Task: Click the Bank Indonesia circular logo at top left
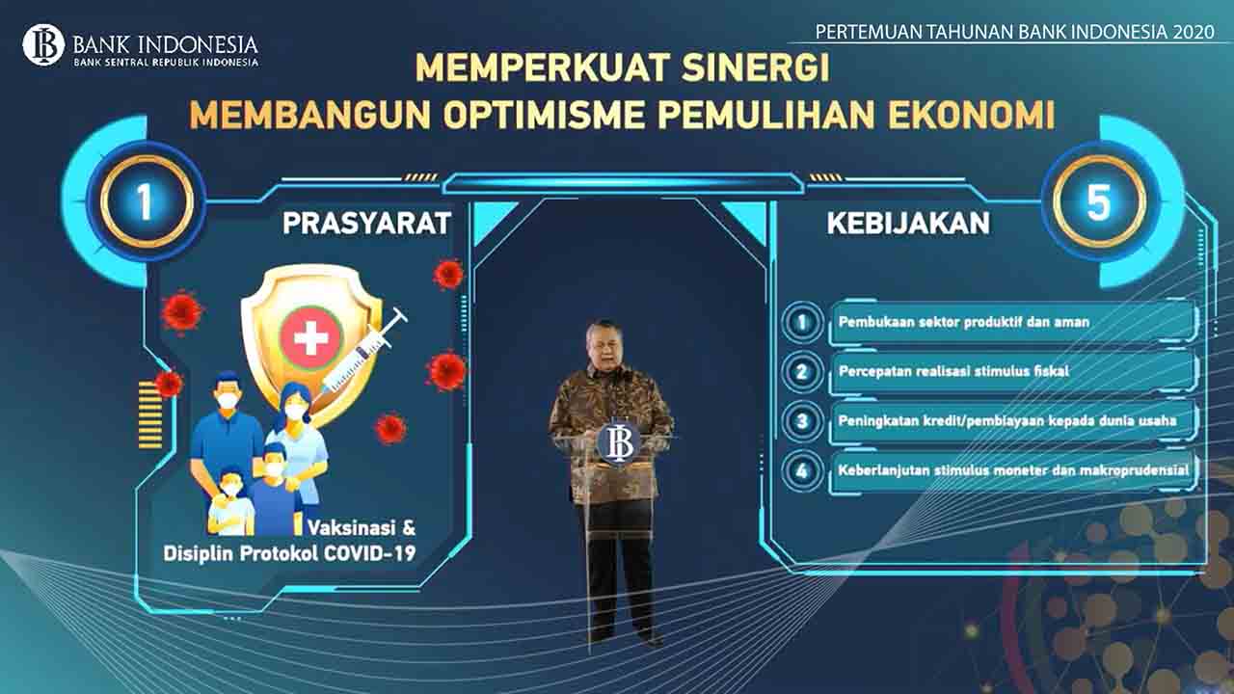tap(43, 45)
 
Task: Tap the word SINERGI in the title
tap(755, 67)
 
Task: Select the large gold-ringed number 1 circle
tap(146, 201)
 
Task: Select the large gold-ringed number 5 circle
tap(1100, 201)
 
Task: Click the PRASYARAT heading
tap(367, 223)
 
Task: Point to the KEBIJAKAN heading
tap(908, 223)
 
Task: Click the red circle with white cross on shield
tap(311, 337)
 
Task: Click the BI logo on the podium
tap(618, 440)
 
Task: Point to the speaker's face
tap(604, 347)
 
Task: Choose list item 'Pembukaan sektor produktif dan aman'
tap(963, 322)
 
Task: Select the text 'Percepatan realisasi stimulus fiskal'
tap(953, 371)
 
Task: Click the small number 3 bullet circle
tap(802, 421)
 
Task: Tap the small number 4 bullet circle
tap(802, 470)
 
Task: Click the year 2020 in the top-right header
tap(1194, 32)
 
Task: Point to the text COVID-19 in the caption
tap(369, 553)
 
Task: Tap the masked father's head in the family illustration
tap(228, 390)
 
